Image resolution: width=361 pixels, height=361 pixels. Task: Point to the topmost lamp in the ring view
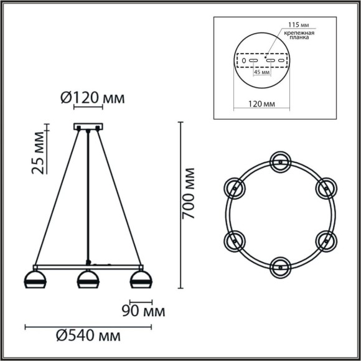click(280, 161)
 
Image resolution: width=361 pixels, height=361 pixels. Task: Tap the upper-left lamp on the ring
click(235, 187)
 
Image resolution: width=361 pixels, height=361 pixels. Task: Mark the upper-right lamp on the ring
click(325, 187)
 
